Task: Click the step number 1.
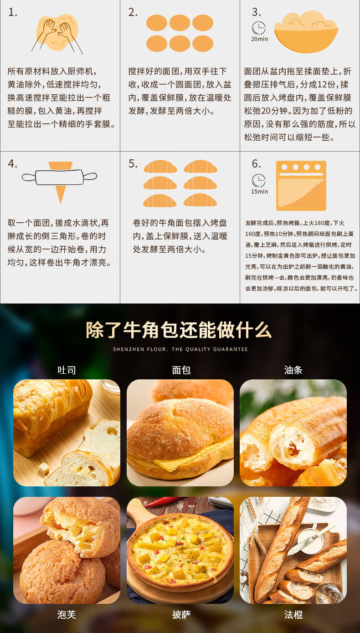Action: pyautogui.click(x=12, y=13)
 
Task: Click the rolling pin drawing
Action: pyautogui.click(x=60, y=177)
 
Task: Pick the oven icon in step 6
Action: pyautogui.click(x=301, y=185)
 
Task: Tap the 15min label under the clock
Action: pyautogui.click(x=259, y=192)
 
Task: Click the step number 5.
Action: pyautogui.click(x=133, y=164)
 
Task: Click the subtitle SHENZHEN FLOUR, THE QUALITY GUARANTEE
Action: pyautogui.click(x=180, y=349)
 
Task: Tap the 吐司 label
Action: pyautogui.click(x=67, y=370)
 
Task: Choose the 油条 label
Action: pyautogui.click(x=293, y=370)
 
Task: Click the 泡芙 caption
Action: pyautogui.click(x=67, y=615)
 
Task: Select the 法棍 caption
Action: pyautogui.click(x=293, y=615)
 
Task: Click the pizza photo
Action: pyautogui.click(x=180, y=550)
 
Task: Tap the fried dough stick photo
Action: pyautogui.click(x=293, y=433)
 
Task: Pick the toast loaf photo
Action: pyautogui.click(x=67, y=433)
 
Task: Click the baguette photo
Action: pyautogui.click(x=293, y=550)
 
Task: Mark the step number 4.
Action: pyautogui.click(x=12, y=164)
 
